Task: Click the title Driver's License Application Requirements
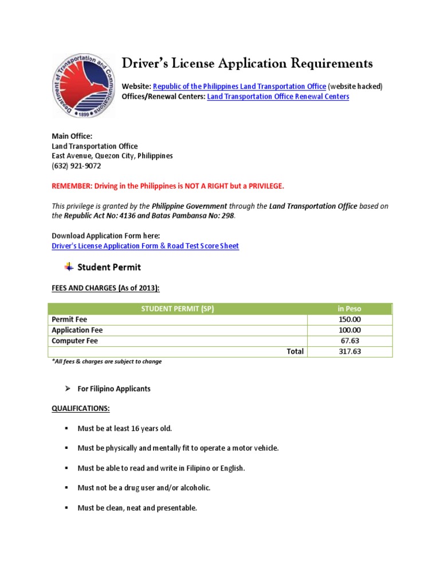tap(247, 63)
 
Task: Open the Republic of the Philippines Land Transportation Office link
tap(239, 86)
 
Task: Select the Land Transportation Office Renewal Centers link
tap(278, 97)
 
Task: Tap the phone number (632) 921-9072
tap(76, 166)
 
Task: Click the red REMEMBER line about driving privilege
tap(168, 186)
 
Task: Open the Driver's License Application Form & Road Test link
tap(145, 246)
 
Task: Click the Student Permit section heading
tap(109, 267)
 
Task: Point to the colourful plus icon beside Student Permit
tap(69, 267)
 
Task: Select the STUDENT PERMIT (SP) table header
tap(178, 308)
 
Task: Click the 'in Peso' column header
tap(349, 308)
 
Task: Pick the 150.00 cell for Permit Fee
tap(349, 319)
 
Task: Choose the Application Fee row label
tap(77, 330)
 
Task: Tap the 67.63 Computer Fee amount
tap(349, 341)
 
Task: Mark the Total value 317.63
tap(349, 351)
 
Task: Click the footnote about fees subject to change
tap(107, 362)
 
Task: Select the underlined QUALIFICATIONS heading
tap(81, 409)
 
